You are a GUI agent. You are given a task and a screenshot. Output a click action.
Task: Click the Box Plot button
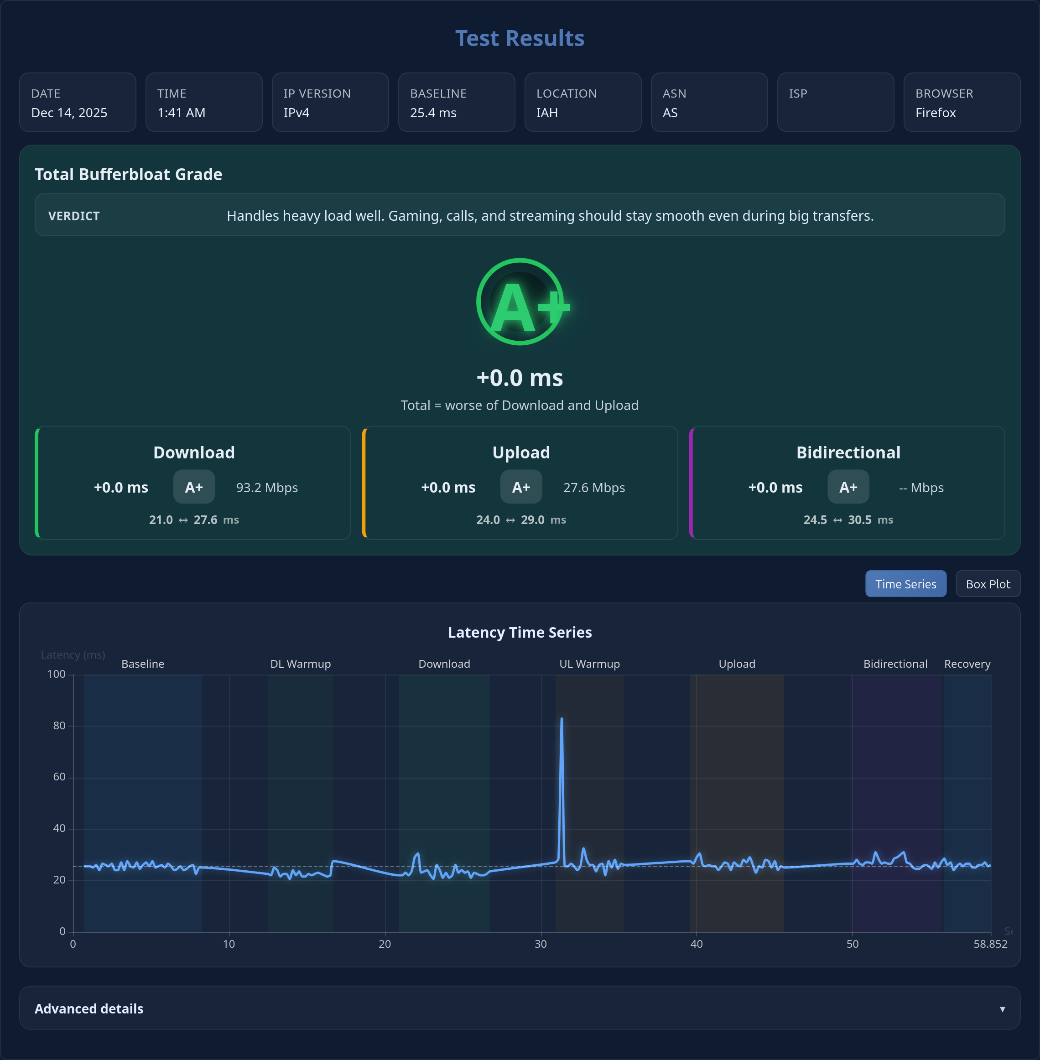tap(988, 584)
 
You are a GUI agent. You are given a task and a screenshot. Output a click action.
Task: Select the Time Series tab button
tap(905, 584)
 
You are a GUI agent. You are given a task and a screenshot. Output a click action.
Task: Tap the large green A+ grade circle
tap(520, 302)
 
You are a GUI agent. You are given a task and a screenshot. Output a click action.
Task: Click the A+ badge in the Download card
tap(194, 487)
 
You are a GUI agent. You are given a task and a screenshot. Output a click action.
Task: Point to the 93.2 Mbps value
tap(266, 488)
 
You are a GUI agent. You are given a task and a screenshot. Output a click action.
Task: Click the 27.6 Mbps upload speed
tap(594, 488)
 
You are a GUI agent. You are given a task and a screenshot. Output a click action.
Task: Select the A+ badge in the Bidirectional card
tap(848, 487)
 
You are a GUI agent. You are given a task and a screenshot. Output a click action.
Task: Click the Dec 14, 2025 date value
tap(69, 113)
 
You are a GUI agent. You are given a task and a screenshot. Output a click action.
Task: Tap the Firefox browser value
tap(935, 113)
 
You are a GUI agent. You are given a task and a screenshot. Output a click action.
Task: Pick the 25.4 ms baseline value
tap(433, 113)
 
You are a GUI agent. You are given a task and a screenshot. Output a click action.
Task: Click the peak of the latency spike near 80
tap(562, 719)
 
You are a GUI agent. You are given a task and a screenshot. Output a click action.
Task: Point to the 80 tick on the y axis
tap(59, 725)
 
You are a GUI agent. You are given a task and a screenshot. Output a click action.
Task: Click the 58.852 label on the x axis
tap(990, 944)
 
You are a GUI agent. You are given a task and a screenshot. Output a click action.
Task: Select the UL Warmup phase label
tap(589, 664)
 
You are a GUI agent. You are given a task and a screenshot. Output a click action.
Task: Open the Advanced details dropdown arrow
tap(1002, 1008)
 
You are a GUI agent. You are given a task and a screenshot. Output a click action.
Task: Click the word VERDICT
tap(74, 216)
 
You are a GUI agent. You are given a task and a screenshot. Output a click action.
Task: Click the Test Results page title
tap(520, 38)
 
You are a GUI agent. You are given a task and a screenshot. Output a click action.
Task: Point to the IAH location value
tap(547, 113)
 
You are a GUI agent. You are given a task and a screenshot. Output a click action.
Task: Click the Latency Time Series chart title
tap(520, 632)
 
